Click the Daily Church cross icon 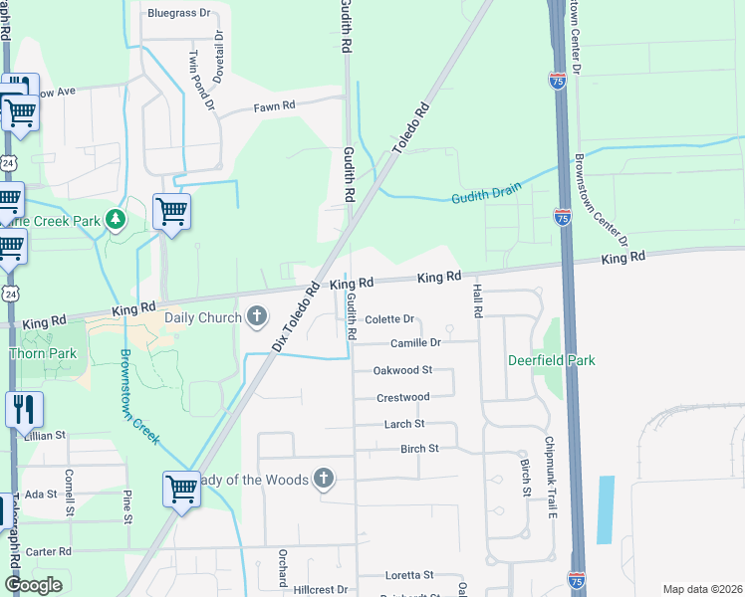click(257, 317)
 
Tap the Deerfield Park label click(552, 360)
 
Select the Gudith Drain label click(486, 194)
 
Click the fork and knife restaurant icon click(23, 409)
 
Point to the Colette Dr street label click(388, 319)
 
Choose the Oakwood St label click(402, 370)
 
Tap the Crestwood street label click(402, 397)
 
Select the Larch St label click(404, 423)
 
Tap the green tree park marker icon click(117, 219)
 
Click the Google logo click(32, 585)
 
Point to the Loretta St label click(409, 575)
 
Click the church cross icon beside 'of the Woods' click(322, 480)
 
